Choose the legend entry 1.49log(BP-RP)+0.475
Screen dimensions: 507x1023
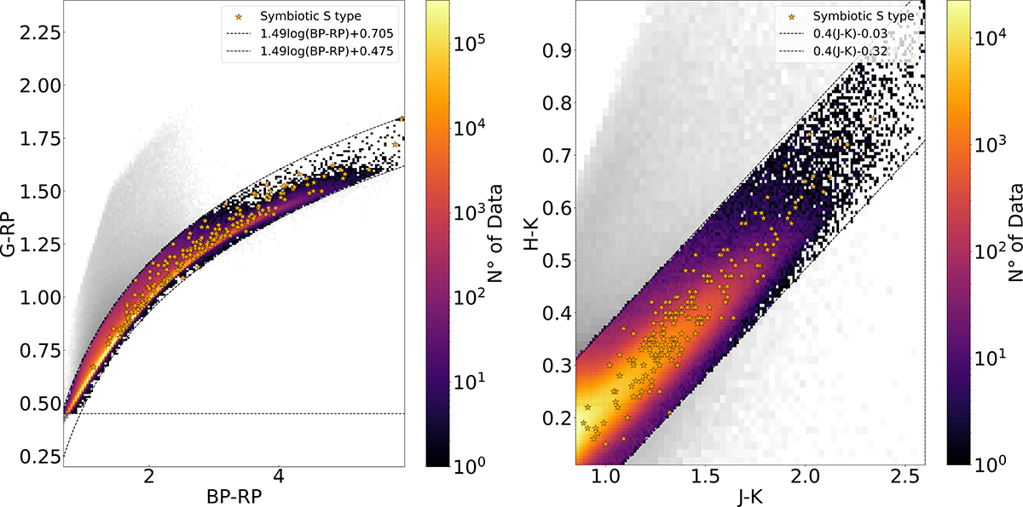click(327, 50)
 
